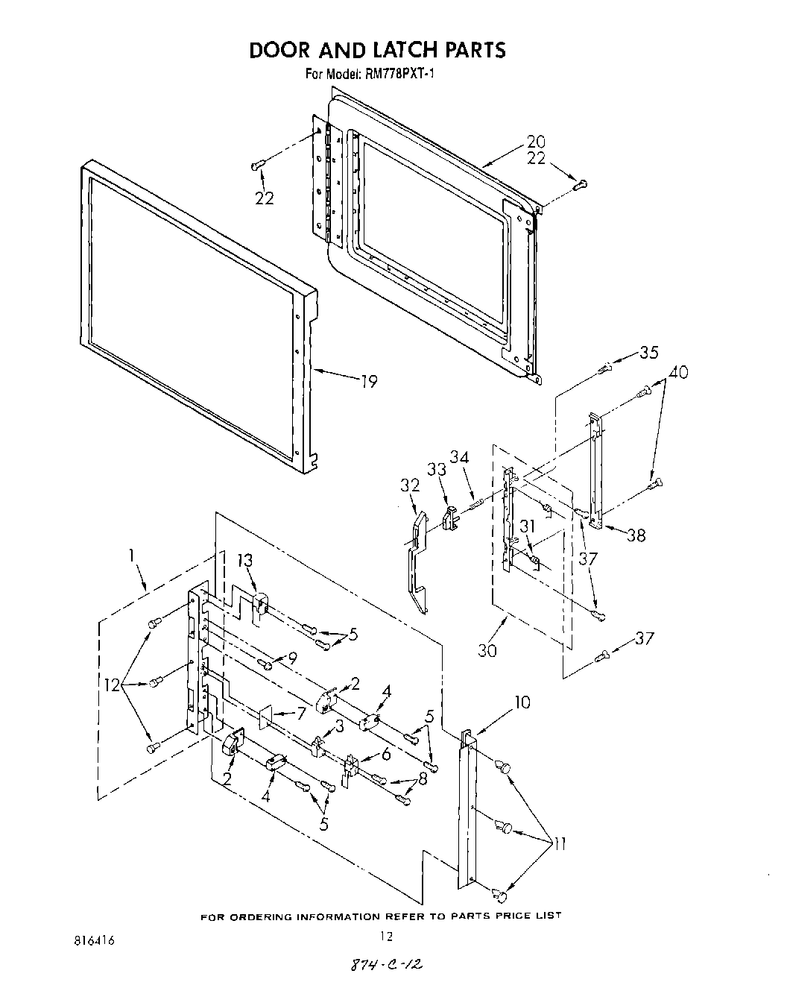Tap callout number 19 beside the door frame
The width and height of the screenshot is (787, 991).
[369, 382]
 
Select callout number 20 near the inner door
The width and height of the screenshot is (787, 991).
[536, 142]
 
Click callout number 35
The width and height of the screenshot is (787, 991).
[649, 353]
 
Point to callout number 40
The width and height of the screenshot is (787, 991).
[678, 372]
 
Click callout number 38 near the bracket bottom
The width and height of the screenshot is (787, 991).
[636, 535]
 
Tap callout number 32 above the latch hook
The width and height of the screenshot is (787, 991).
[410, 485]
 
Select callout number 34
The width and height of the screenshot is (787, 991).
[460, 456]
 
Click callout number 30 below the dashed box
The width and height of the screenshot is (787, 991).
[487, 649]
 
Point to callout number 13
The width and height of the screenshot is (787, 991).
[245, 560]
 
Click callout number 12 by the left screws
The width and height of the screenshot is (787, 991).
[112, 685]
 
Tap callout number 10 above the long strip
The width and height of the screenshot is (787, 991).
[522, 702]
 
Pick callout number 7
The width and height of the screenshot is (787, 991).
[300, 713]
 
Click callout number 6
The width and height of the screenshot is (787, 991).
[385, 754]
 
